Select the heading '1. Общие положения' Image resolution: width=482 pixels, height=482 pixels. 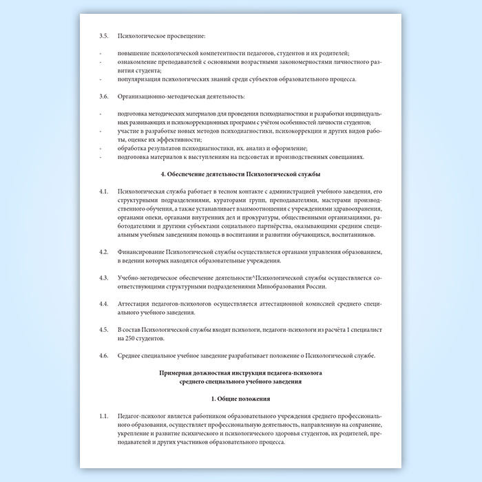point(240,399)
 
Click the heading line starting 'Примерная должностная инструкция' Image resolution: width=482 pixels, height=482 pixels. point(240,373)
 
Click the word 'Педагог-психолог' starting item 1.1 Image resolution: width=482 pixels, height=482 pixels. point(141,417)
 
